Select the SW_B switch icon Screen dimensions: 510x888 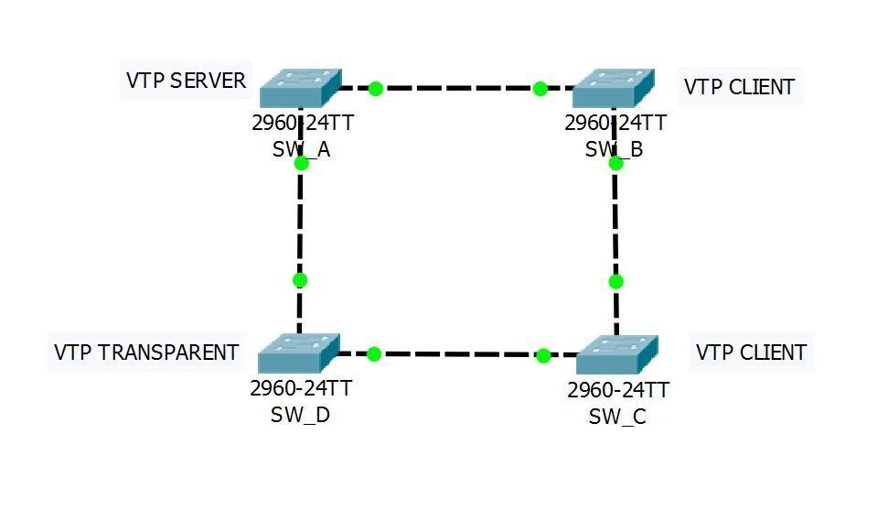pos(614,89)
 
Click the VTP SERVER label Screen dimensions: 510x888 pos(187,81)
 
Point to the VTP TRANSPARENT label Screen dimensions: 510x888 pos(146,353)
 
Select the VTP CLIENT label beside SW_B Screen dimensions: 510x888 pos(739,87)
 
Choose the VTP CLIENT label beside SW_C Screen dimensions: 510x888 pos(751,353)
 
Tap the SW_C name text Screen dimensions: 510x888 pos(617,417)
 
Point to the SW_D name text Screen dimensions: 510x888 pos(300,414)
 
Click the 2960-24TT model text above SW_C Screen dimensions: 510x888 pos(618,390)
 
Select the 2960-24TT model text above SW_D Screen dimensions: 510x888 pos(301,388)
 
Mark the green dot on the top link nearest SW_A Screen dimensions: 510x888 pos(375,89)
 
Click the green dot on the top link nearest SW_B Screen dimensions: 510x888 pos(540,89)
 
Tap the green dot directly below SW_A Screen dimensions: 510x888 pos(302,163)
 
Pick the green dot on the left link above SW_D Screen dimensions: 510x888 pos(299,280)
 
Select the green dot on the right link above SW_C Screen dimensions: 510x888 pos(615,281)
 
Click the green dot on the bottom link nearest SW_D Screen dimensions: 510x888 pos(373,353)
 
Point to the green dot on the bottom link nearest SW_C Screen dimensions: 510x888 pos(543,355)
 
